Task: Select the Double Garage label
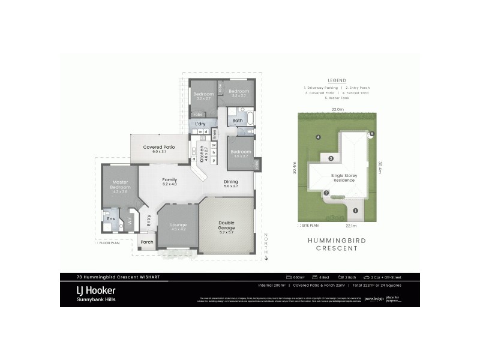click(x=226, y=225)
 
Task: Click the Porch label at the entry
click(x=146, y=242)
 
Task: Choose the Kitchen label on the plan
click(x=202, y=155)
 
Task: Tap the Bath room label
click(x=238, y=121)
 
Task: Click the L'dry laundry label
click(x=200, y=124)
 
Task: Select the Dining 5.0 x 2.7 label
click(x=231, y=184)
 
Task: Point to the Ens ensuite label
click(x=111, y=218)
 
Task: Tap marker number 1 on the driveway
click(x=355, y=211)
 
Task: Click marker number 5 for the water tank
click(x=371, y=134)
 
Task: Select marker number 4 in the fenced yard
click(x=319, y=137)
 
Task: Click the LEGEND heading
click(x=337, y=80)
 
